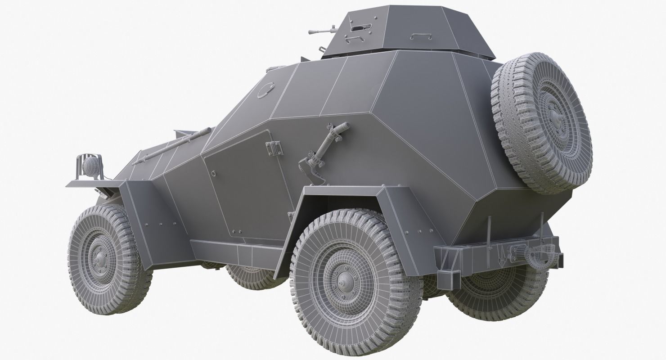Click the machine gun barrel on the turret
tap(320, 31)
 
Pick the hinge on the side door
tap(274, 148)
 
